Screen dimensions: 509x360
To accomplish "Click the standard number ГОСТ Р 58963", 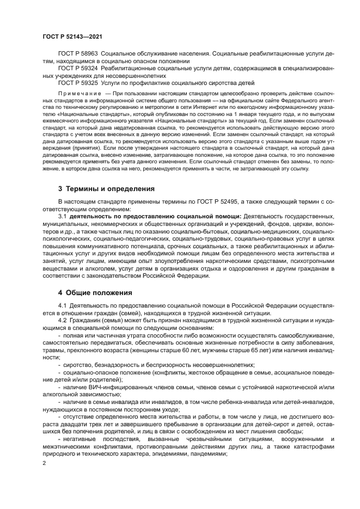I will pos(78,55).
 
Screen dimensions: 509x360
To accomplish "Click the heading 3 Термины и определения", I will pos(106,189).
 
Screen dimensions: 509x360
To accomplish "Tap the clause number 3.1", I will pos(62,217).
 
